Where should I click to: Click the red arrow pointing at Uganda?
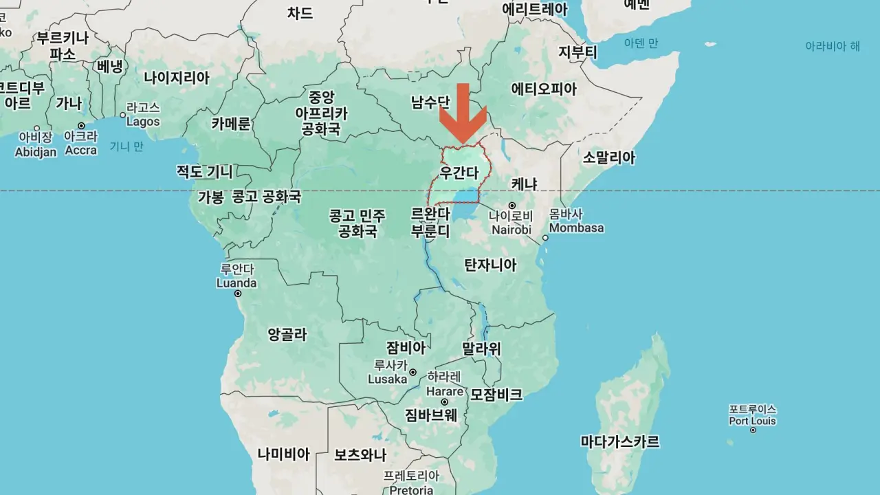[463, 113]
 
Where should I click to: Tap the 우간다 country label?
[459, 172]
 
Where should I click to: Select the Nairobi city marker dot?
[512, 206]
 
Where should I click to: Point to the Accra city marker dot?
[81, 126]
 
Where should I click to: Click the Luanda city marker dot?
[238, 294]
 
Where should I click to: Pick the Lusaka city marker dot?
[412, 373]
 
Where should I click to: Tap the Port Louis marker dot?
[753, 430]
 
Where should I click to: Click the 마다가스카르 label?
[619, 441]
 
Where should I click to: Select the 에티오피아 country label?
[544, 89]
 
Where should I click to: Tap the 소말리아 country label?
[609, 157]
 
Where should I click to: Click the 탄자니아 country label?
[490, 265]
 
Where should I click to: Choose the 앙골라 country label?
[287, 335]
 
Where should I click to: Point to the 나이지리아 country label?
[177, 78]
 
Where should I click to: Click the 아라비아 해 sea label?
[833, 46]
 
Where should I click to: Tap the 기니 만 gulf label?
[127, 146]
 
